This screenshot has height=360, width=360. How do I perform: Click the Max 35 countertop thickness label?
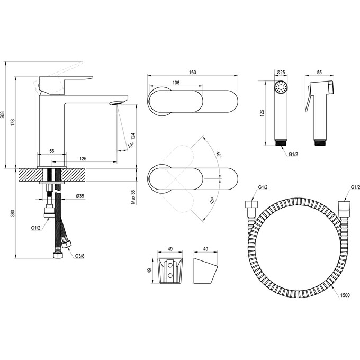click(134, 195)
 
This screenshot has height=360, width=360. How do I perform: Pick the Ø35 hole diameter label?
click(80, 196)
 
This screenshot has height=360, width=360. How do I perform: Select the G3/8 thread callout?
click(80, 256)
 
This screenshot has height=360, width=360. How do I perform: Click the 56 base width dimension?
click(52, 151)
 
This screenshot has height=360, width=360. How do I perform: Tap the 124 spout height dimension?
click(134, 136)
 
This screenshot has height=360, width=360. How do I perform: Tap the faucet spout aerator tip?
click(114, 104)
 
